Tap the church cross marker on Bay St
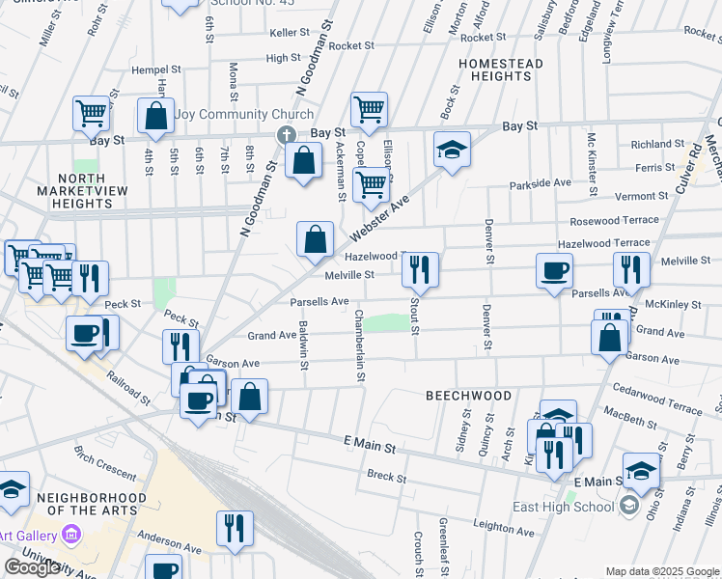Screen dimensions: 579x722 286,135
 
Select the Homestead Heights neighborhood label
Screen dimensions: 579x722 501,69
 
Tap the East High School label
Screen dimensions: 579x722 577,507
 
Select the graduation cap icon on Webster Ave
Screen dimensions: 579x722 452,149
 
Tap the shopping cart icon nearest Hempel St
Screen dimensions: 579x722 91,112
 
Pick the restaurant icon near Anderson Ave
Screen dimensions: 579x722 235,527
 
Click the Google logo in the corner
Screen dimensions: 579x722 32,567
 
